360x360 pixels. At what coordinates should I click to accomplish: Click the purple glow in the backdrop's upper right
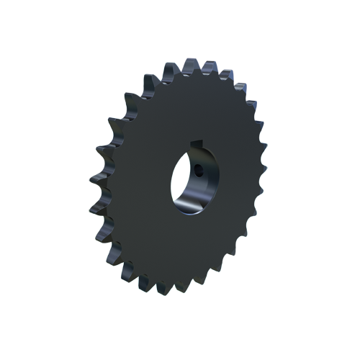pyautogui.click(x=248, y=72)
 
